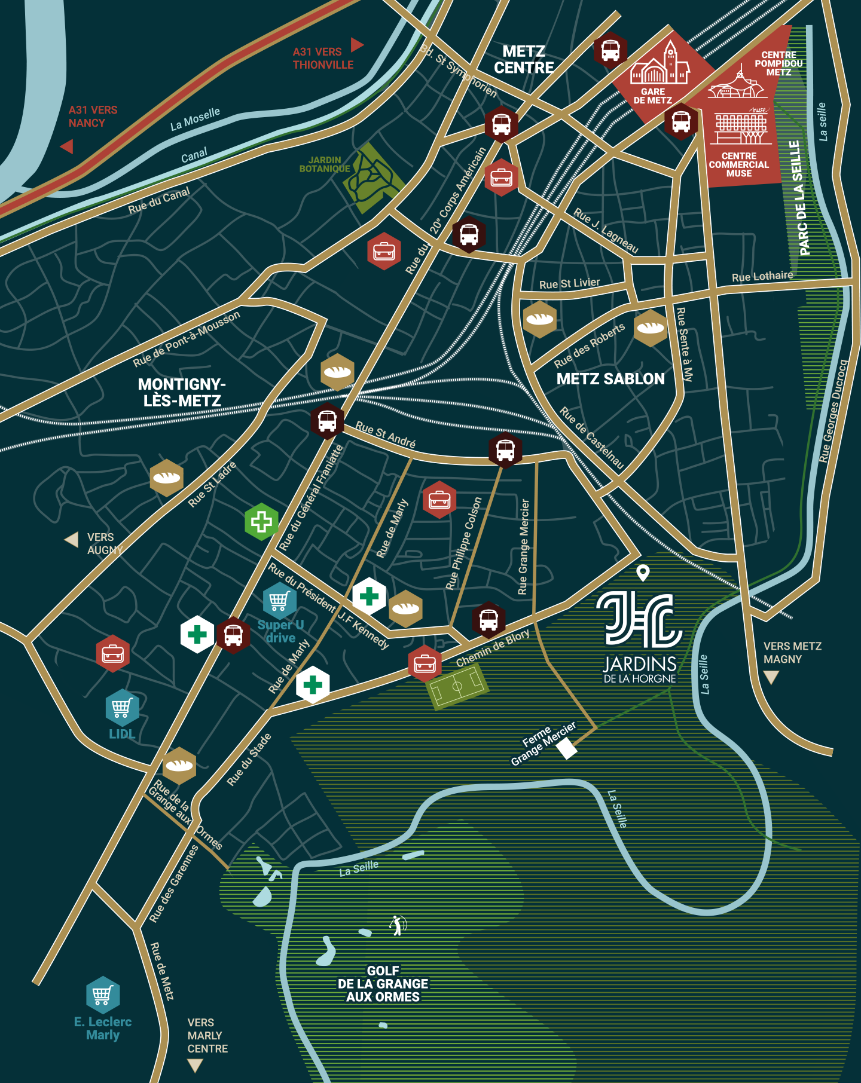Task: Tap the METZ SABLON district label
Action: point(610,379)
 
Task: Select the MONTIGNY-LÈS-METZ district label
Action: point(182,392)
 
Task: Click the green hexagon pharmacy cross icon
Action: point(261,522)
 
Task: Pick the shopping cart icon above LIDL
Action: point(122,708)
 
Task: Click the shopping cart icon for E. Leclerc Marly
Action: point(103,995)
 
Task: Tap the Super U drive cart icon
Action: point(279,601)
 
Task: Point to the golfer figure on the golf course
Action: point(398,925)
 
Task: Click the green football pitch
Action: point(457,686)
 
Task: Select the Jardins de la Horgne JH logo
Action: point(639,620)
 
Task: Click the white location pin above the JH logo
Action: point(643,573)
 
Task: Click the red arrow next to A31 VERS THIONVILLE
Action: point(357,45)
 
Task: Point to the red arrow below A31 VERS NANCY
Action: point(67,146)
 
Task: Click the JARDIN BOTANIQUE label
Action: point(325,164)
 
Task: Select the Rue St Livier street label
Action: point(569,283)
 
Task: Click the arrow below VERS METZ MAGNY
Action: point(771,677)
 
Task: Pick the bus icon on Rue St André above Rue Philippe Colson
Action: point(505,449)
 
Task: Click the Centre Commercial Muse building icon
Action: point(741,127)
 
